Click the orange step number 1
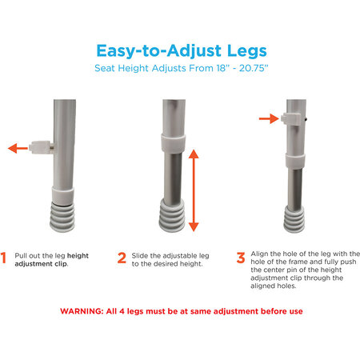[3, 258]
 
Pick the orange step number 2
[122, 258]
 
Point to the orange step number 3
[241, 258]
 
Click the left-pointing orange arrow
[18, 148]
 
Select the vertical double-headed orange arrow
[194, 190]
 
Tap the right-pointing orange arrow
[269, 118]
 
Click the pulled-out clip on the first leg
[42, 147]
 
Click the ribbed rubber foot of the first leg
[62, 218]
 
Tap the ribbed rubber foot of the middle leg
[172, 215]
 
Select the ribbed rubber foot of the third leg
[294, 219]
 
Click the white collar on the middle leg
[174, 143]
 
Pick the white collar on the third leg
[295, 161]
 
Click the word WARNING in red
[82, 311]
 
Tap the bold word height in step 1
[78, 256]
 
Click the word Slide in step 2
[140, 256]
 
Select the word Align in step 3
[259, 254]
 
